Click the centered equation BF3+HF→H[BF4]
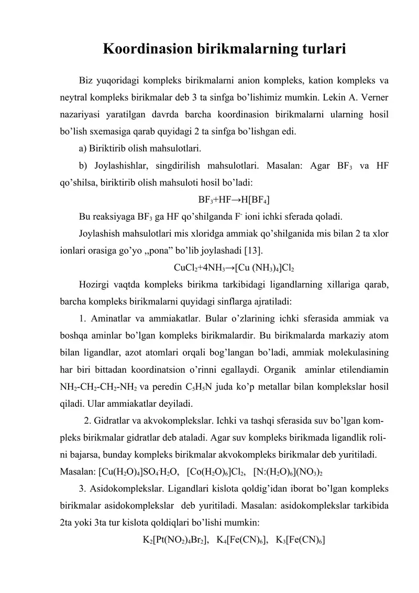pyautogui.click(x=234, y=200)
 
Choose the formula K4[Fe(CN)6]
pyautogui.click(x=243, y=539)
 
